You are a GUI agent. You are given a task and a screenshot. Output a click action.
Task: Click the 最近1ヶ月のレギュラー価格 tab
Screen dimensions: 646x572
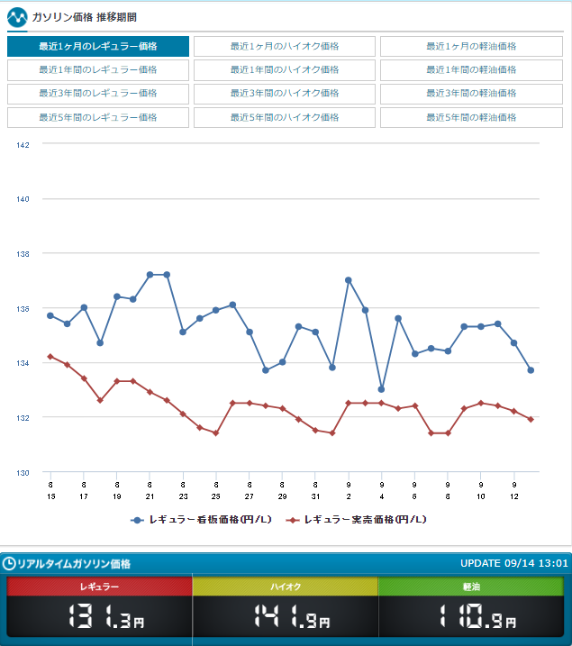(98, 46)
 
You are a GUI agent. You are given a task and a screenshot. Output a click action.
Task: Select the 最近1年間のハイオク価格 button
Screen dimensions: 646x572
(284, 69)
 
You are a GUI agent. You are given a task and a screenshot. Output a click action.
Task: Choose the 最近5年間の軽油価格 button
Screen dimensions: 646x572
(471, 117)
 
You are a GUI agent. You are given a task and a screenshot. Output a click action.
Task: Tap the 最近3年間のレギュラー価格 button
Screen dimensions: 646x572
(98, 93)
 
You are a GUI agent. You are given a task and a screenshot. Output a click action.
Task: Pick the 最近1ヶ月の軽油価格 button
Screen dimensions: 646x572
(471, 46)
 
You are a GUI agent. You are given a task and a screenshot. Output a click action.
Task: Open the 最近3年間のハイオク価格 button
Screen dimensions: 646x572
(284, 93)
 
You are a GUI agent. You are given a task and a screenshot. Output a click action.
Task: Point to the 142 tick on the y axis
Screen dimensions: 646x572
(23, 144)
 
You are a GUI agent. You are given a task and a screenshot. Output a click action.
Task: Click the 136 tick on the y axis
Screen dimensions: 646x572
(23, 308)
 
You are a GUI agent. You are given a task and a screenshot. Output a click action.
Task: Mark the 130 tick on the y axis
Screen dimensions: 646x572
(23, 472)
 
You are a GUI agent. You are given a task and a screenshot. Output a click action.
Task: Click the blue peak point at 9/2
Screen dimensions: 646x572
(349, 280)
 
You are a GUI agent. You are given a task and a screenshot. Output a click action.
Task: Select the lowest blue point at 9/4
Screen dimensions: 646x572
(381, 389)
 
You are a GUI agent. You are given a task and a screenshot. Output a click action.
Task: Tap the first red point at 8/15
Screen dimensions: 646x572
(50, 357)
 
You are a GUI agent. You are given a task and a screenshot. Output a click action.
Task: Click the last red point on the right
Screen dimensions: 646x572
(531, 419)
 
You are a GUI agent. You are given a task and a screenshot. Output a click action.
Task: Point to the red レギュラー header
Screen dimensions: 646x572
(99, 587)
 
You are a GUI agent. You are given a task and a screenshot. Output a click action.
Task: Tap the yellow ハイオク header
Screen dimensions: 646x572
(285, 587)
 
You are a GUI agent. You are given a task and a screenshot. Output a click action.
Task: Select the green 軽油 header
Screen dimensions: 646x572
(471, 587)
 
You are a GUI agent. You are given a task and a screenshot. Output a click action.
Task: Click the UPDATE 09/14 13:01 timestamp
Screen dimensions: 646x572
(513, 563)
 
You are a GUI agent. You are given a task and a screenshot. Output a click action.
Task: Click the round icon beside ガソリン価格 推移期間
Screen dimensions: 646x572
(16, 16)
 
